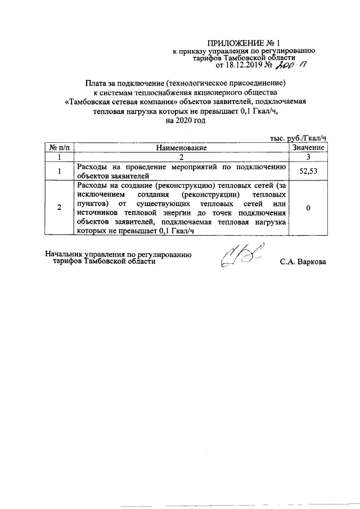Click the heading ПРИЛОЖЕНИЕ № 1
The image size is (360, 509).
click(x=243, y=43)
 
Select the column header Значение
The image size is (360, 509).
click(x=308, y=147)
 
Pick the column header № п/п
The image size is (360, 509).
click(x=59, y=147)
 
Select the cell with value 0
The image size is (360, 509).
click(x=308, y=208)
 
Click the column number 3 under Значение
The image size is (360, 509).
click(x=308, y=157)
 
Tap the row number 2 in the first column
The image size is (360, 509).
click(x=59, y=208)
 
